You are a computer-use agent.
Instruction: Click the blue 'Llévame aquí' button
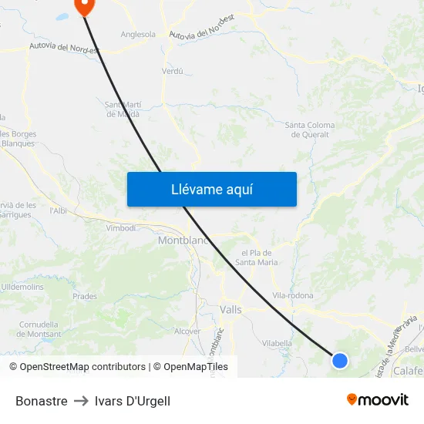211,189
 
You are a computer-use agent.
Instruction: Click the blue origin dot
339,360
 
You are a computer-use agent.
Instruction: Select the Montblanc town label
183,241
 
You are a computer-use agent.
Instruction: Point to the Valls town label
231,309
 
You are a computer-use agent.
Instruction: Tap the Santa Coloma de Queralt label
307,130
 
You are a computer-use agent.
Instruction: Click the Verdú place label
173,71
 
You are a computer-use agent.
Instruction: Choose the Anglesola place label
138,34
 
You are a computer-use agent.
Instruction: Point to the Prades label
85,296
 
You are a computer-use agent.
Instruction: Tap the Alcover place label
187,331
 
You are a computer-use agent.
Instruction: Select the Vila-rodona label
293,296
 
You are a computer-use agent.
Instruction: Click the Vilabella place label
278,343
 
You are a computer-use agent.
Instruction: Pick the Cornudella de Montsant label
39,328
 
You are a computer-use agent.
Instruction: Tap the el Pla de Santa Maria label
257,257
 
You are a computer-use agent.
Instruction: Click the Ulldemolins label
22,287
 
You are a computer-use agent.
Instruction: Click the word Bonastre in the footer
42,401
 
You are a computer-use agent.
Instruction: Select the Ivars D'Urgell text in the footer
133,401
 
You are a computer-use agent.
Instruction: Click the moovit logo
378,399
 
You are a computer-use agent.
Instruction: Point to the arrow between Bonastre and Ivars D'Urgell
81,401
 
